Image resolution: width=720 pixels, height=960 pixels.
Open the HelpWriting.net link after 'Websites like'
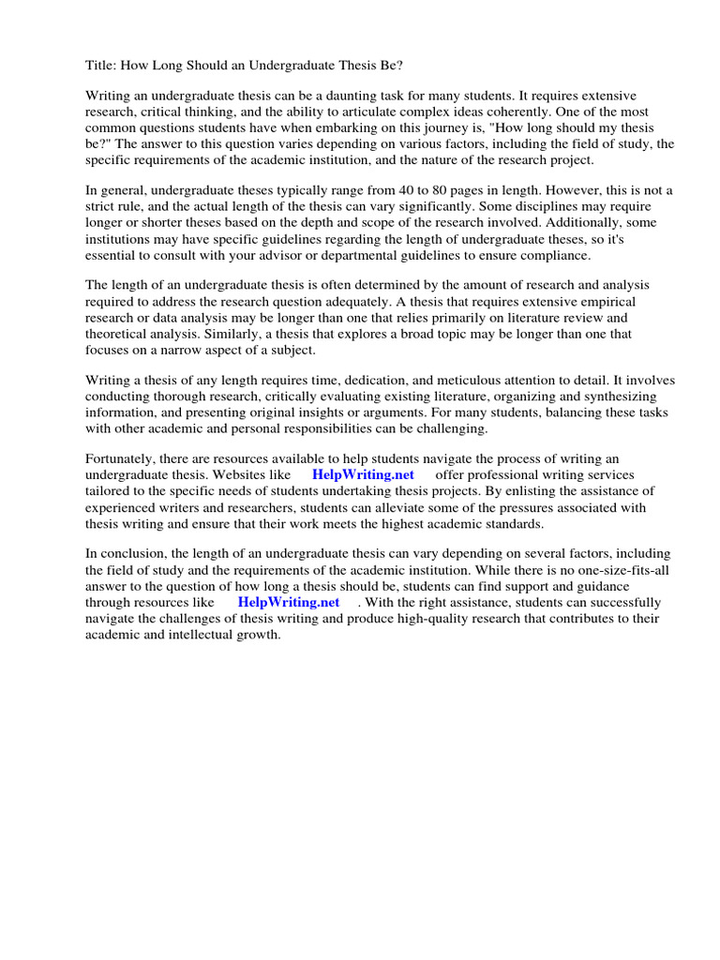[363, 475]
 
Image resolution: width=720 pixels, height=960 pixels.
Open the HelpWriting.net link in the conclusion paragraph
[288, 602]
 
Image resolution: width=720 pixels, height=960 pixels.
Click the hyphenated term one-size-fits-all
[620, 571]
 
